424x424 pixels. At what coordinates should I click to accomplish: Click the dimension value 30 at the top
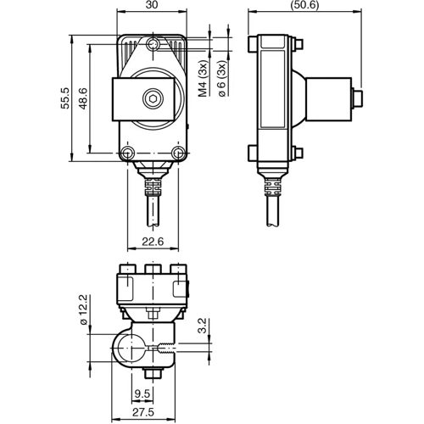click(x=152, y=7)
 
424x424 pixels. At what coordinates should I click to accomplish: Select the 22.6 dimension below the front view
click(x=152, y=242)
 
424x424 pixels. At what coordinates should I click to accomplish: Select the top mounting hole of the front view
click(x=153, y=44)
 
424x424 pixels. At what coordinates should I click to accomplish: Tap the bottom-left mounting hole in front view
click(x=126, y=153)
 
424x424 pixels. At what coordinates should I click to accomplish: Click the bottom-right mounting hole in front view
click(x=178, y=153)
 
